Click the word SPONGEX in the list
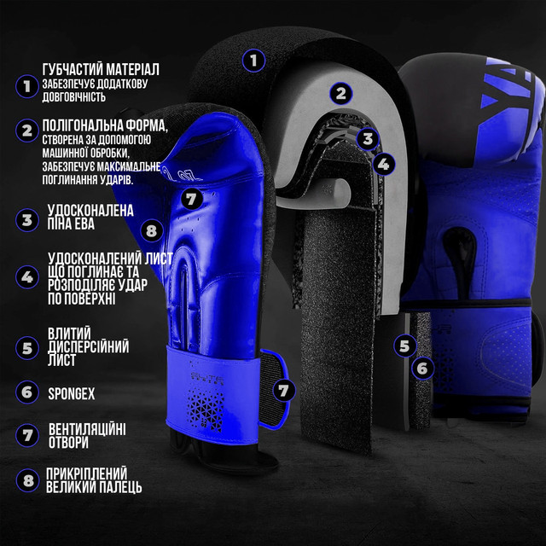click(x=72, y=394)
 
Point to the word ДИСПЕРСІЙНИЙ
click(x=89, y=347)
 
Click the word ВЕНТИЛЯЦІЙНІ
click(x=87, y=429)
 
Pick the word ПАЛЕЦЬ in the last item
click(x=121, y=487)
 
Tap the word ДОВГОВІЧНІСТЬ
click(x=74, y=96)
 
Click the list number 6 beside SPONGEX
click(x=27, y=392)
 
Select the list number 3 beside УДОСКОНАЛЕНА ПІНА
click(x=27, y=220)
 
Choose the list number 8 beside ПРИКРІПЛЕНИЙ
click(x=28, y=480)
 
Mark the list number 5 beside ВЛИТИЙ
click(x=27, y=348)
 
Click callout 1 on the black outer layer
click(x=253, y=61)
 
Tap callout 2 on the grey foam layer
click(x=341, y=93)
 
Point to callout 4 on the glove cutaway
click(x=383, y=164)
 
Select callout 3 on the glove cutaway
click(x=368, y=138)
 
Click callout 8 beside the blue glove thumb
click(x=152, y=230)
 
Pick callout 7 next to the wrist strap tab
click(x=284, y=391)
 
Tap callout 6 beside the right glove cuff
click(x=422, y=369)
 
